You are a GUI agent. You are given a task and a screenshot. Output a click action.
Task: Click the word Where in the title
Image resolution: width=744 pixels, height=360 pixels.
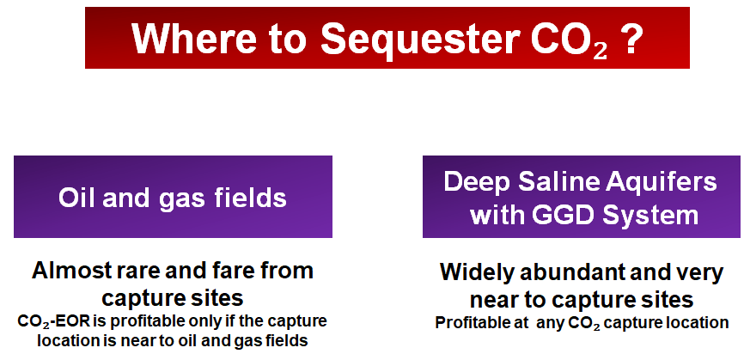pos(194,39)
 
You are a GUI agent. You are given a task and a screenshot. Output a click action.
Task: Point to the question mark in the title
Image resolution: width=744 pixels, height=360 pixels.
pos(631,39)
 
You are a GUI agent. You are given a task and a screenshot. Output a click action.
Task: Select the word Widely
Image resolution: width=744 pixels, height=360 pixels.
pos(477,272)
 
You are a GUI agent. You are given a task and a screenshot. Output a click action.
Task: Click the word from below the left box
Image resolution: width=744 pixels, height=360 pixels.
pos(291,271)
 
